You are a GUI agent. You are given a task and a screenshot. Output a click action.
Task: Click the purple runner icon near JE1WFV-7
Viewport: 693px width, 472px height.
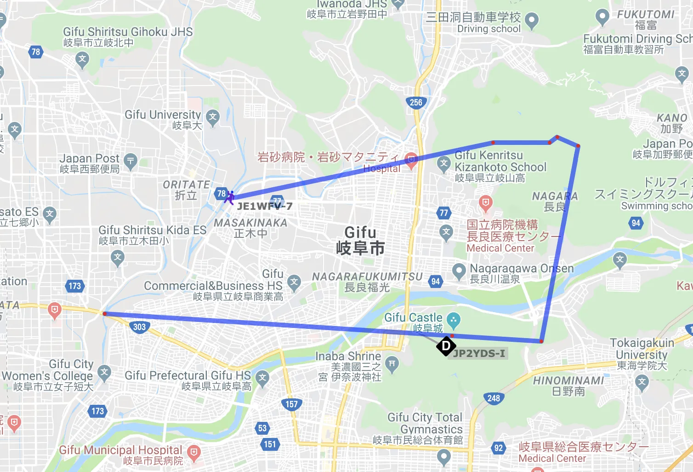click(x=229, y=198)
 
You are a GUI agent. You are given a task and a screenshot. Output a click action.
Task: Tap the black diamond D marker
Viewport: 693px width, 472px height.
click(x=446, y=346)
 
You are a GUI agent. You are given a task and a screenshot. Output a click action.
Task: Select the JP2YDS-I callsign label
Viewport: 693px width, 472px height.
click(x=479, y=353)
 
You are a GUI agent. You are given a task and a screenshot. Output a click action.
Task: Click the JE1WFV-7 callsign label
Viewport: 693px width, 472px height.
click(x=265, y=206)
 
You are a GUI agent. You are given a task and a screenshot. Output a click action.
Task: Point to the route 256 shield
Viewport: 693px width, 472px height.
click(x=416, y=102)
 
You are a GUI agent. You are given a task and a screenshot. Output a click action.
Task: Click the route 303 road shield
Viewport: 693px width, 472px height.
click(x=139, y=327)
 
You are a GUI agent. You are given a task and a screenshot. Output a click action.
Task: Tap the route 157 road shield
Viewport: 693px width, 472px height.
click(x=291, y=404)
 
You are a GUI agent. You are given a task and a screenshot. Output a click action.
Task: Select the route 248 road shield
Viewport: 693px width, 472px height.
click(x=494, y=398)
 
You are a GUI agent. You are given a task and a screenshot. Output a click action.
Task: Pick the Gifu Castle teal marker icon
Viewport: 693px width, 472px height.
click(x=453, y=320)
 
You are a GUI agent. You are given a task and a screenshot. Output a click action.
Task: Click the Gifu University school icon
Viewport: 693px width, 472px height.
click(x=212, y=117)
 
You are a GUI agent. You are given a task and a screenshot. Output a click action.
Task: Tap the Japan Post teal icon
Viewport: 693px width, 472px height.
click(x=131, y=161)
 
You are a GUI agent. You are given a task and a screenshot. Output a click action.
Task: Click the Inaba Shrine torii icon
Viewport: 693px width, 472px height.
click(x=392, y=363)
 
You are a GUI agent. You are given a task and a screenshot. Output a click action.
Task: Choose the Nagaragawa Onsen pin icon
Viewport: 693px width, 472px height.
click(x=459, y=271)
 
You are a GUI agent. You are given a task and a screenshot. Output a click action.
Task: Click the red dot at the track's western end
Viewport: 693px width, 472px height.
click(x=105, y=314)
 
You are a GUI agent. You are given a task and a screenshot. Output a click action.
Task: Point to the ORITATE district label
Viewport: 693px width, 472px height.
click(x=186, y=190)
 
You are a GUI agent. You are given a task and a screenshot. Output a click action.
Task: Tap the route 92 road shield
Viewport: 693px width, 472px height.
click(x=499, y=448)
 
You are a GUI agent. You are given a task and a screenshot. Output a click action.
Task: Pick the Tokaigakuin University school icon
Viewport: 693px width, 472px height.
click(x=642, y=382)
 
